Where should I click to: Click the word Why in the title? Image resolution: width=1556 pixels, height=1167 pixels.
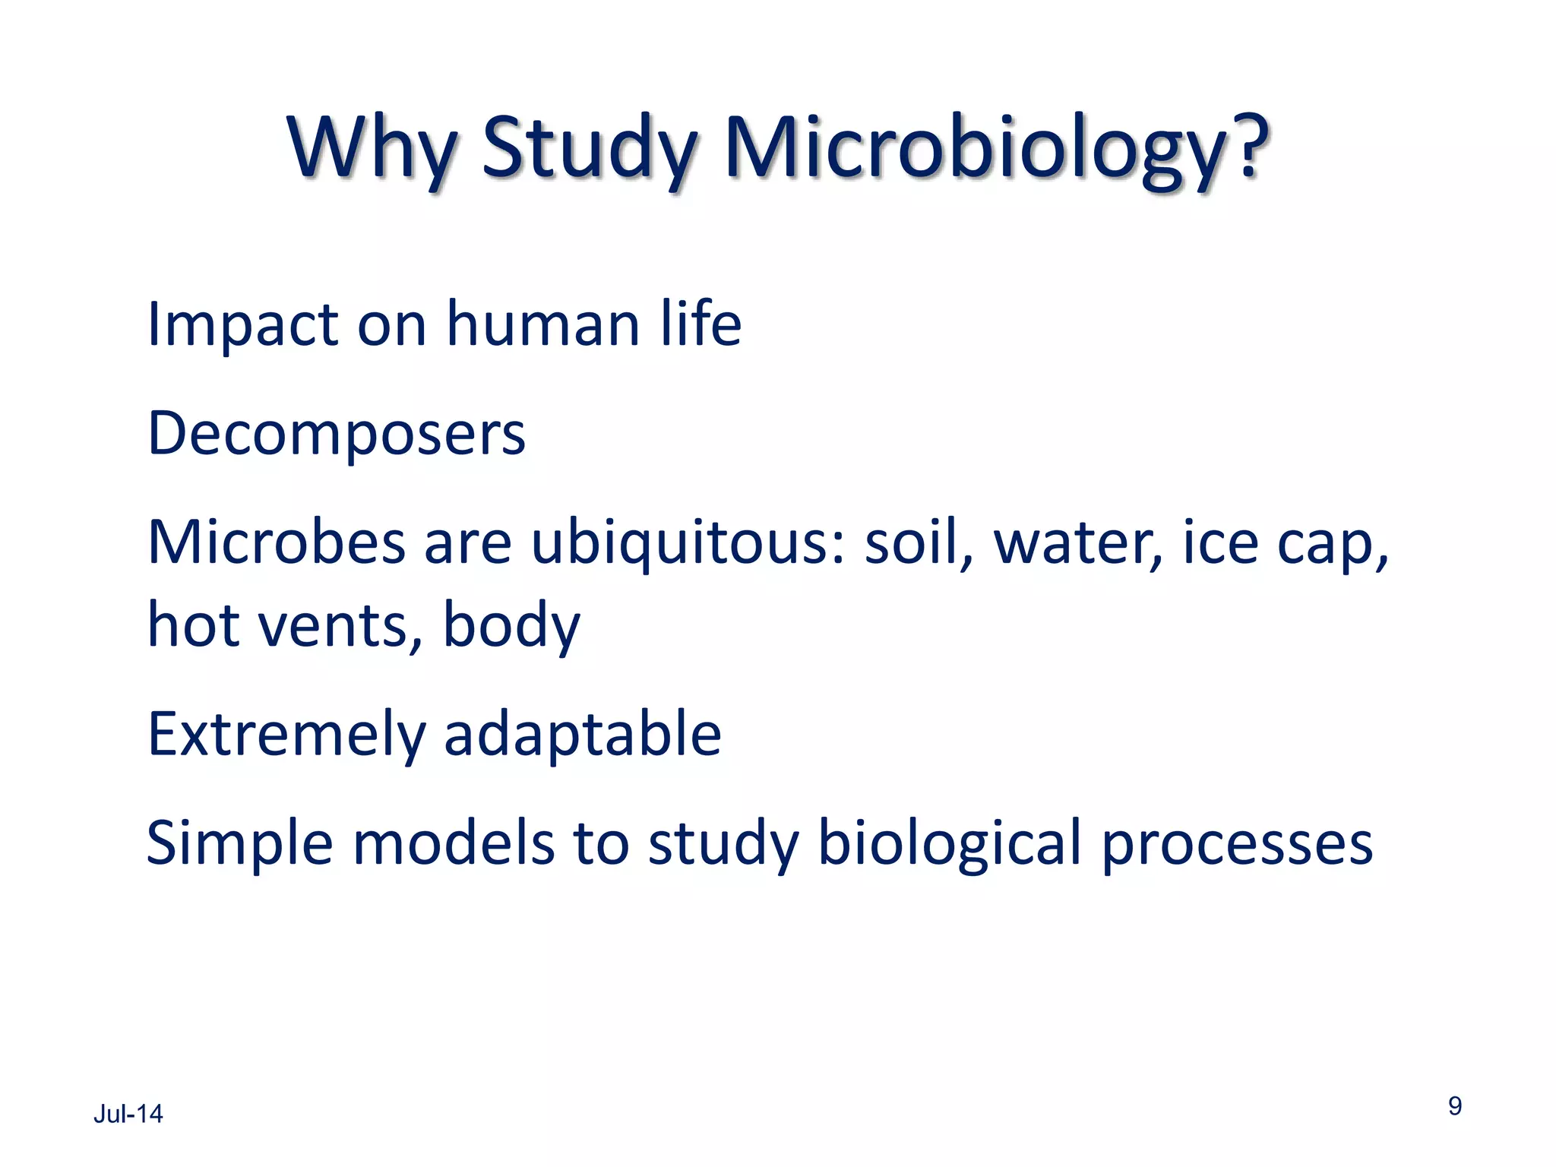372,148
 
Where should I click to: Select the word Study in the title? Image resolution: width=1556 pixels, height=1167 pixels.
589,148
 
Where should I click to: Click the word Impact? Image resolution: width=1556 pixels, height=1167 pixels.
242,325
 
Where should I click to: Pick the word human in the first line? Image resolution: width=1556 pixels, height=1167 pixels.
542,325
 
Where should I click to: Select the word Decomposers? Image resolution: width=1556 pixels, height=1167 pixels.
336,435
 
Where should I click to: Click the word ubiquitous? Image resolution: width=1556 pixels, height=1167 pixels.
687,545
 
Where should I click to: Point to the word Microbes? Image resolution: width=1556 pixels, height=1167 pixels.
277,543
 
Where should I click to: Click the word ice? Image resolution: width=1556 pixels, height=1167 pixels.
1220,543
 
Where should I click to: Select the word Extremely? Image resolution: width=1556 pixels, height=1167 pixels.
286,735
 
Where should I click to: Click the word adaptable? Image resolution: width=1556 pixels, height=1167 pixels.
582,735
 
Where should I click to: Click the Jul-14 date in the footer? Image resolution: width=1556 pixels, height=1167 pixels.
128,1114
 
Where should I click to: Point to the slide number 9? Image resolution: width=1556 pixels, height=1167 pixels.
1454,1105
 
